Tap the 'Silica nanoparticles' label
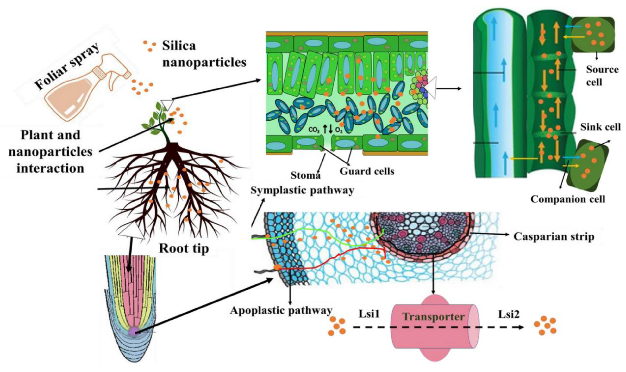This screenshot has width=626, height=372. tap(204, 54)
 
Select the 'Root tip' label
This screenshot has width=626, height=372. tap(184, 248)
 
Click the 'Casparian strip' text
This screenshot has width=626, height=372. tap(554, 236)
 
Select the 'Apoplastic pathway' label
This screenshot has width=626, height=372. tap(281, 311)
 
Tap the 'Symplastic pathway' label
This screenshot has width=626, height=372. tap(302, 191)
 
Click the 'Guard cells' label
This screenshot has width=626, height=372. tap(367, 171)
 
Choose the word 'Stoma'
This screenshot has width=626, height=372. tap(305, 175)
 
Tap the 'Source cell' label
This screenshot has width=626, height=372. tap(602, 76)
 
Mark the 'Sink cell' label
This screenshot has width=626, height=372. tap(600, 127)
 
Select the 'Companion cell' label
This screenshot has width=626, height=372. tap(567, 199)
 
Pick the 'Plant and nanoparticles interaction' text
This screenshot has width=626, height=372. tap(50, 152)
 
